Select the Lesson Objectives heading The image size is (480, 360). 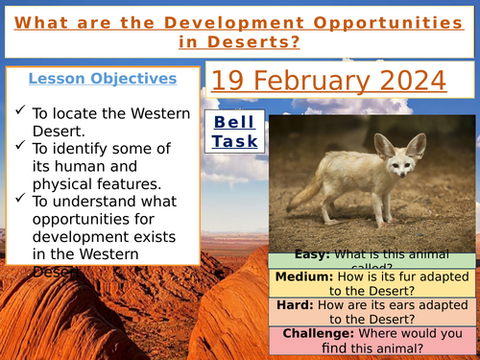[102, 79]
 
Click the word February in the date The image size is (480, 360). [310, 81]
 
